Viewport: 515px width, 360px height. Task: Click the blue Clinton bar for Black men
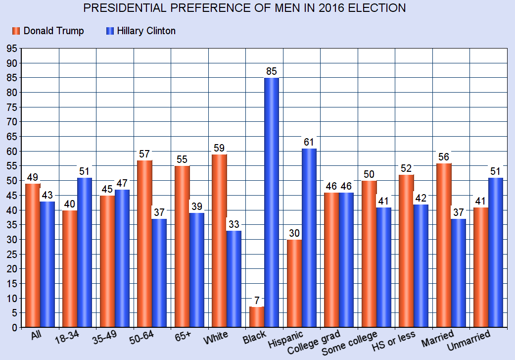271,203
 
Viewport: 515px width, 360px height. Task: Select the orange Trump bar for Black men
256,317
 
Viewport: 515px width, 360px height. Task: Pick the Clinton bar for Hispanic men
309,238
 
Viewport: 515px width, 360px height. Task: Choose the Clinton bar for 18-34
85,253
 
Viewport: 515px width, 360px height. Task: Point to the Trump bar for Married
443,245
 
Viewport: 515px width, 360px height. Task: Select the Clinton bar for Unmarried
495,253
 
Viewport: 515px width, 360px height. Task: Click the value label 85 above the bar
272,71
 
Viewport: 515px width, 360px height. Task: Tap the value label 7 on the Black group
256,301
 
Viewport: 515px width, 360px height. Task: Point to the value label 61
309,143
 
